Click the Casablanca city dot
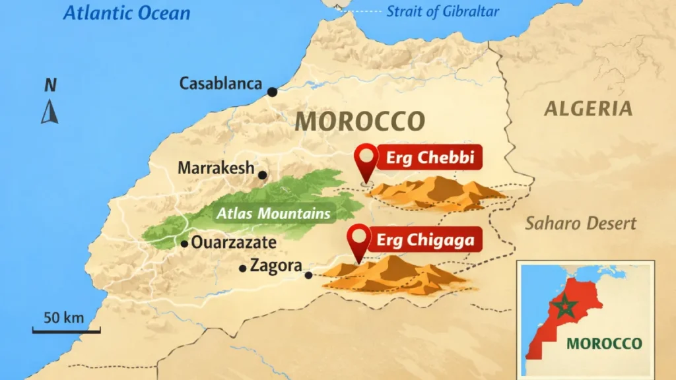(272, 91)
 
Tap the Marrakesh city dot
(263, 175)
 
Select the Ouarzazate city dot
(185, 243)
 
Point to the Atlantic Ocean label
(127, 13)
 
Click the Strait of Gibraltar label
(443, 11)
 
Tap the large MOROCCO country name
(359, 121)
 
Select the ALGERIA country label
(588, 109)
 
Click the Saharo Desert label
(581, 223)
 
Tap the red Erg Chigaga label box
(425, 240)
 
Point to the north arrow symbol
(50, 111)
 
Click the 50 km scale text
(64, 317)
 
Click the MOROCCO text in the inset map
(604, 344)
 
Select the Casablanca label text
(220, 84)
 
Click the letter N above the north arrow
(50, 84)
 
